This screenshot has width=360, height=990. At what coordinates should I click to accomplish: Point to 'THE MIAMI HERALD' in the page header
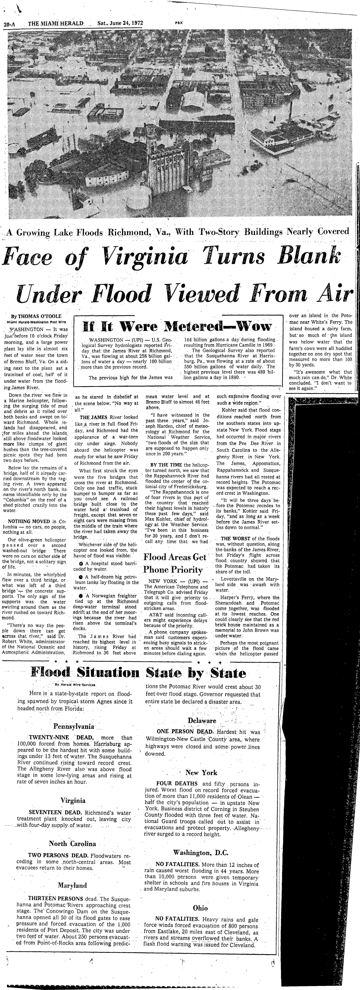click(x=56, y=23)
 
